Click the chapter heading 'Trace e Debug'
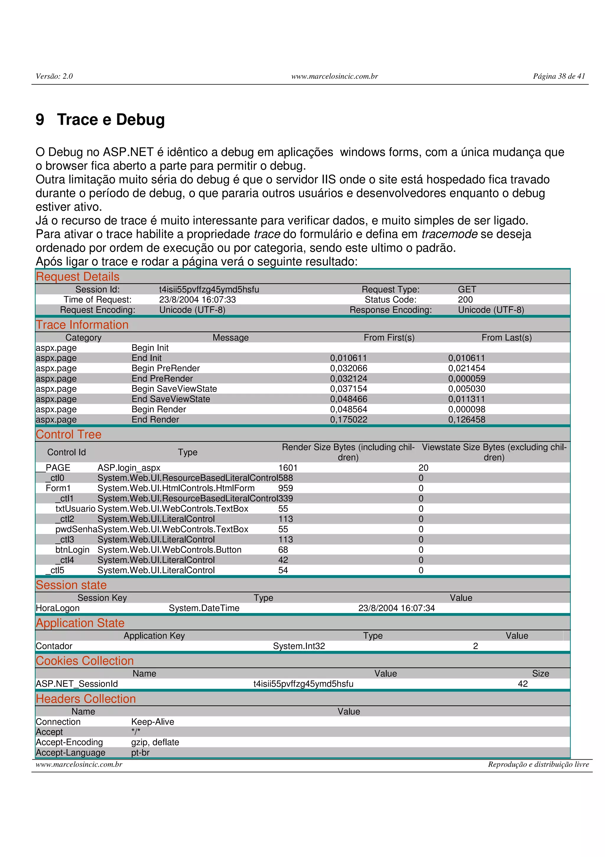point(110,120)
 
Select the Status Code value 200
point(465,300)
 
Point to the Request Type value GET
point(467,289)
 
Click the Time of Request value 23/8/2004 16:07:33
point(197,300)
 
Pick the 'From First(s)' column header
point(389,337)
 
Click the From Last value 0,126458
point(466,420)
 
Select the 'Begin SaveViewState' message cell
point(174,389)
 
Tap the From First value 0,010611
point(348,358)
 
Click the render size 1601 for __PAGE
point(288,468)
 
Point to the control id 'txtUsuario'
point(75,509)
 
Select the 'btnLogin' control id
point(72,550)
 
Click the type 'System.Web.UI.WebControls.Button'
point(169,550)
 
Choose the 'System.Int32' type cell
point(299,646)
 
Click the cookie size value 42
point(523,684)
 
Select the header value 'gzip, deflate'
point(155,742)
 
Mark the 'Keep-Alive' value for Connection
point(152,722)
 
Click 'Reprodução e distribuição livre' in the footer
point(538,764)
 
